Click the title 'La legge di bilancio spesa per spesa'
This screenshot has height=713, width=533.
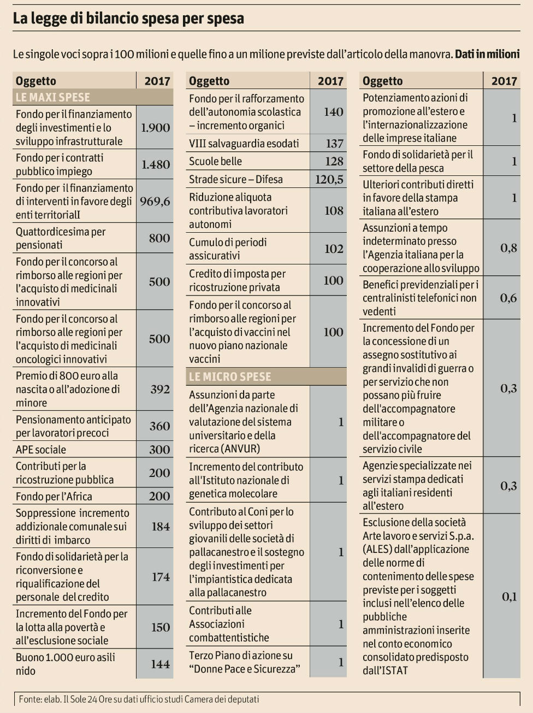(x=128, y=19)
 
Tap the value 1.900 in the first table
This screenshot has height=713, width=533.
(x=155, y=128)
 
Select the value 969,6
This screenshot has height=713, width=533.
(x=155, y=202)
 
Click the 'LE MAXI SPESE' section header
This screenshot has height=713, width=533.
(x=53, y=97)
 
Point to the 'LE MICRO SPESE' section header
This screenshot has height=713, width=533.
(x=230, y=376)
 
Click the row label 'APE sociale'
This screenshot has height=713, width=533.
(x=41, y=450)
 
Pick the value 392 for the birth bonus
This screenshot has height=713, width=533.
(x=160, y=390)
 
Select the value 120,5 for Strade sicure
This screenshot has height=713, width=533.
(x=329, y=179)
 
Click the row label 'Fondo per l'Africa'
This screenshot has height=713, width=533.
(x=54, y=497)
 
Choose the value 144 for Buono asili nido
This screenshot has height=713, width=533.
(x=160, y=664)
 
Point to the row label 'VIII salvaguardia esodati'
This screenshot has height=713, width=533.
(x=244, y=144)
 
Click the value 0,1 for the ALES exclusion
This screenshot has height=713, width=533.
(x=509, y=597)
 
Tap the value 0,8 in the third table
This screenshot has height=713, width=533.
(x=508, y=248)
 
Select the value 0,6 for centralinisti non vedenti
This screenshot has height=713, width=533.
(x=508, y=298)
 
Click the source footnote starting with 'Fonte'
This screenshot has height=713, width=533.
(x=139, y=699)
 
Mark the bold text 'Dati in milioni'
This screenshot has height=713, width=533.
(x=487, y=54)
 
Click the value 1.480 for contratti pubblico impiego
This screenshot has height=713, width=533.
(x=156, y=164)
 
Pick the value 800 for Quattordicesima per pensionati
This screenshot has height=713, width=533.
(x=159, y=238)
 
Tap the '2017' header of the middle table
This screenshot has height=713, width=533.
(x=330, y=81)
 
